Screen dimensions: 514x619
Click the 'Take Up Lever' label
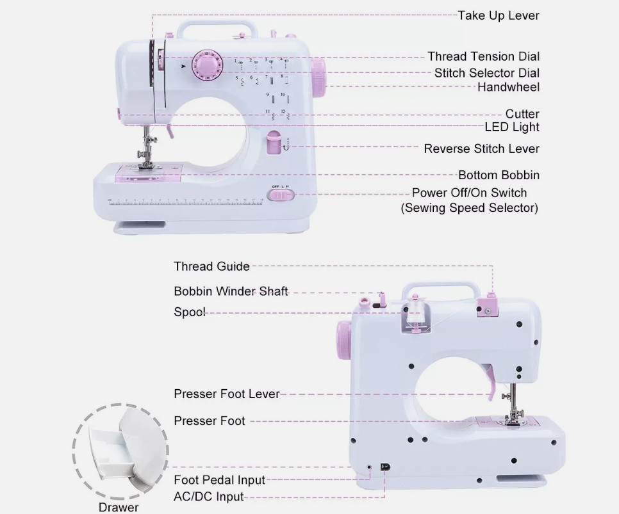(498, 15)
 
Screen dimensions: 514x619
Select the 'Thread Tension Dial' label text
(483, 56)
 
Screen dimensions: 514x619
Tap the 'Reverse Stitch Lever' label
(481, 149)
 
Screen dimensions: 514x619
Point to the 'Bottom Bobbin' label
(499, 175)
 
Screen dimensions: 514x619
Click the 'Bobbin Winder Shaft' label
(231, 291)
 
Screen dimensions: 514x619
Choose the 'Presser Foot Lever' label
(226, 394)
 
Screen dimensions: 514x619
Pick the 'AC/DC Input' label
(208, 496)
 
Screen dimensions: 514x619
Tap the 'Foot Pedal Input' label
(219, 479)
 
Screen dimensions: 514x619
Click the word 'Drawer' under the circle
(119, 508)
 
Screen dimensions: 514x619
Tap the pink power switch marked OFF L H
(280, 195)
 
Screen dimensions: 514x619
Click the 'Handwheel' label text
(508, 87)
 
